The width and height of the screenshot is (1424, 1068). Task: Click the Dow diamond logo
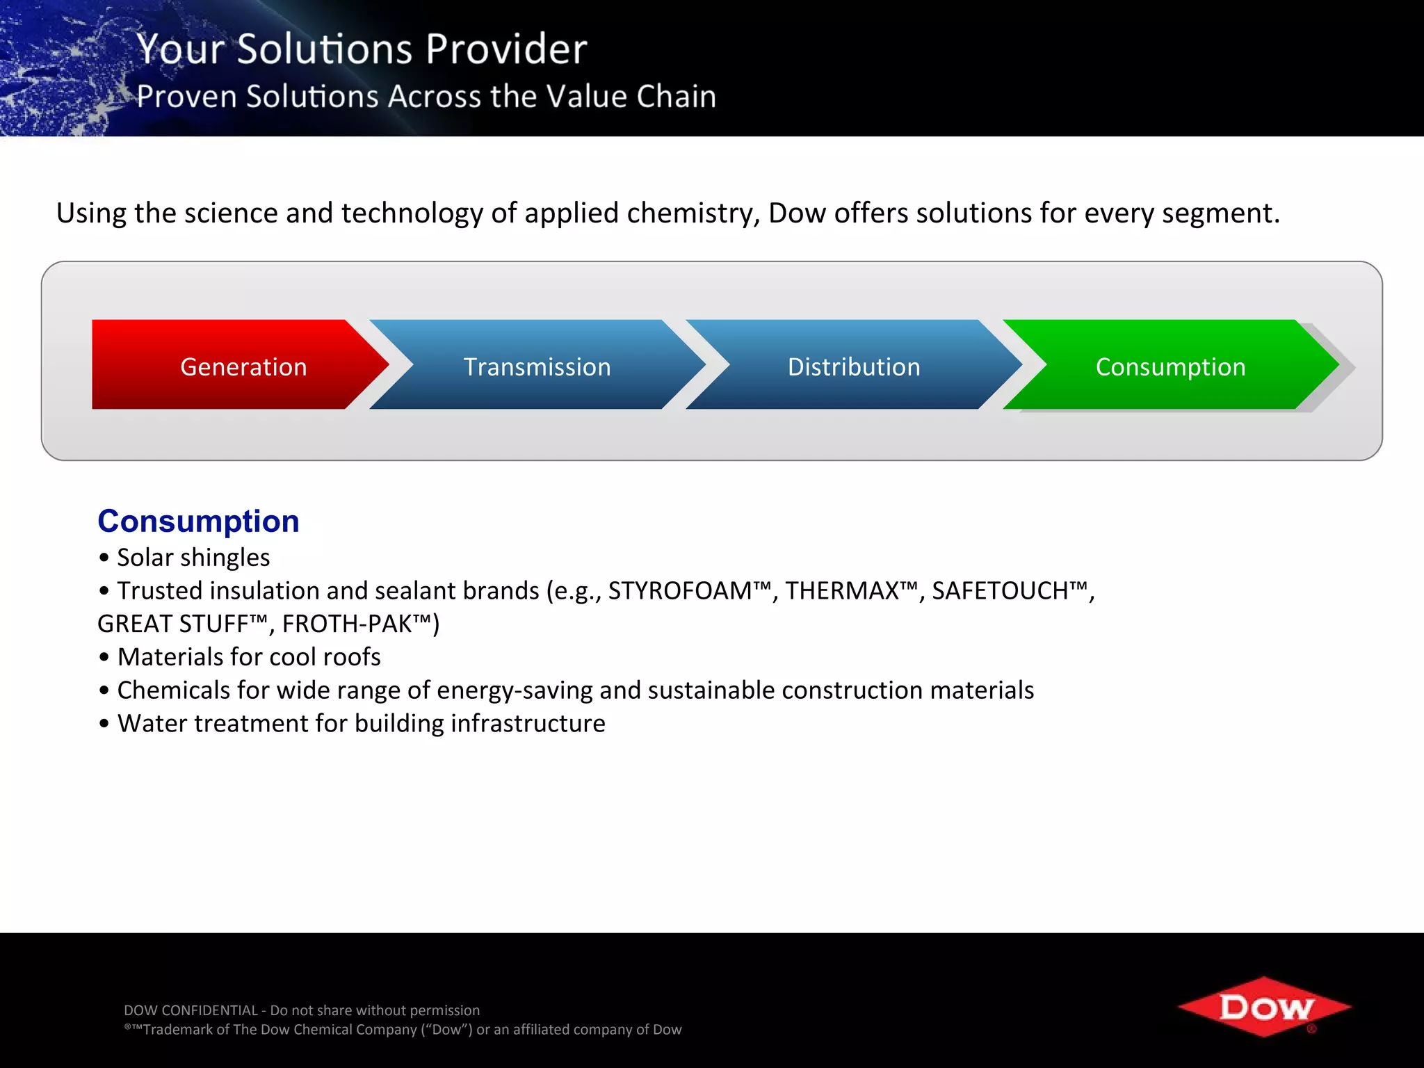coord(1264,1006)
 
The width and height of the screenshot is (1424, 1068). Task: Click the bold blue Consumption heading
coord(198,521)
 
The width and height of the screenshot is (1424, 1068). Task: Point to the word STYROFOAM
coord(679,590)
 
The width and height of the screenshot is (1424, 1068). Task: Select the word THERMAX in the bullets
coord(842,590)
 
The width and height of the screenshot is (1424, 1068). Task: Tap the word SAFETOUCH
coord(999,590)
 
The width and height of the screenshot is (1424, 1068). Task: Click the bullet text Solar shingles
coord(193,557)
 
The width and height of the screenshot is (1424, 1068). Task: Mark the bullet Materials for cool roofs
coord(248,656)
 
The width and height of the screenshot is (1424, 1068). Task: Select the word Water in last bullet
coord(152,723)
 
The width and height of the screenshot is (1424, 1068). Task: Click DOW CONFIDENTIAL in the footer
coord(191,1010)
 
